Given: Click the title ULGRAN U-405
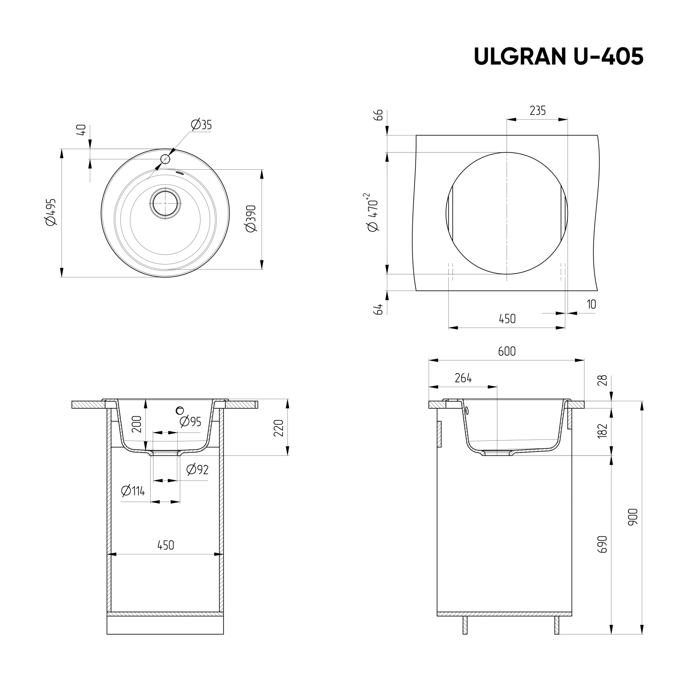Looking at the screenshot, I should (558, 57).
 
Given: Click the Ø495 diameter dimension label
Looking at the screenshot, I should (51, 212).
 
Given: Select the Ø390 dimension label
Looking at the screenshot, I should (251, 219).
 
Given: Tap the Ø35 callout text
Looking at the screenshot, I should (201, 125).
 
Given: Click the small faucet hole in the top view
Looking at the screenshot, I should (165, 159).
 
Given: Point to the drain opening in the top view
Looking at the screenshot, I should (165, 203).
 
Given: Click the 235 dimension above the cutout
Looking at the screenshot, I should (538, 111).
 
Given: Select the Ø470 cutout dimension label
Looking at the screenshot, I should (373, 213).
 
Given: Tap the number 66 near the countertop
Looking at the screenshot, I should (378, 115).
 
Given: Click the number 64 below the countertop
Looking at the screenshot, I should (378, 309).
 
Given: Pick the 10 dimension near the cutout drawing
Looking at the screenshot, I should (591, 304).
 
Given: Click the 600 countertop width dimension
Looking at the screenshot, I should (507, 352).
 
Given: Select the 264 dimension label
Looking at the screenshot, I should (463, 378).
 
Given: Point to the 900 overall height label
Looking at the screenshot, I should (633, 517).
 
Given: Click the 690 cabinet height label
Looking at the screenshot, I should (603, 545).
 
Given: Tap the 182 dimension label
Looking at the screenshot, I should (603, 430).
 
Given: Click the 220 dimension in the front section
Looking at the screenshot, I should (278, 428).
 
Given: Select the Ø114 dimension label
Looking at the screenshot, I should (133, 491).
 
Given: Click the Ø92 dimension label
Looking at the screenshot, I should (197, 469).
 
